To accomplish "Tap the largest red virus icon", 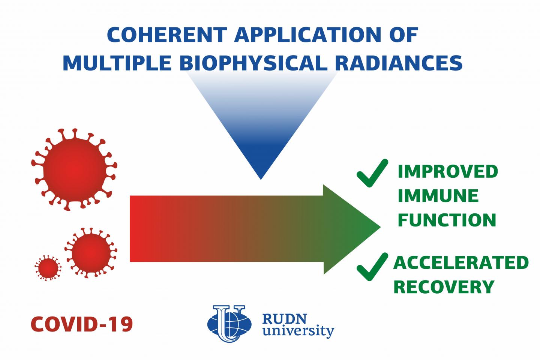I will pyautogui.click(x=74, y=169).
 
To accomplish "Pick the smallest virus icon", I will pyautogui.click(x=48, y=268).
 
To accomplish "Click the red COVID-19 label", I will pyautogui.click(x=82, y=324).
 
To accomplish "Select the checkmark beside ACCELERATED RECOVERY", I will pyautogui.click(x=372, y=267).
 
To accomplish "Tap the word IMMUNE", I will pyautogui.click(x=438, y=196).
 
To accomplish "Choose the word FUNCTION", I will pyautogui.click(x=447, y=220).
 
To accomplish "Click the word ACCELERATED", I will pyautogui.click(x=461, y=263).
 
